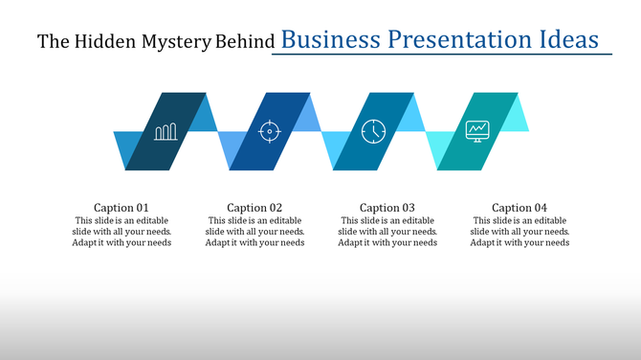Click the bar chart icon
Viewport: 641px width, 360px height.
[x=166, y=131]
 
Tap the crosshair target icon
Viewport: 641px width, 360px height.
[x=270, y=131]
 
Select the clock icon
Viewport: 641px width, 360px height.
[x=373, y=131]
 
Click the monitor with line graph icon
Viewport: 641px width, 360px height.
[x=477, y=130]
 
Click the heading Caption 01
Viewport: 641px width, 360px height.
[x=122, y=208]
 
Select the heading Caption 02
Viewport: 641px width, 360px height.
[x=254, y=208]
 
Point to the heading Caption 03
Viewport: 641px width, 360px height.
[x=387, y=208]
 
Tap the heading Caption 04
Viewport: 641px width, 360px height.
[x=519, y=208]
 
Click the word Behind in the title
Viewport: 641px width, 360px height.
[x=248, y=42]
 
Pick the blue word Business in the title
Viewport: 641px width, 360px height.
[x=329, y=40]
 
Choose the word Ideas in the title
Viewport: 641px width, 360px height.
[x=569, y=40]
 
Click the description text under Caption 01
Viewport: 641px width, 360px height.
[x=122, y=231]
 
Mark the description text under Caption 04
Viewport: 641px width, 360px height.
[x=519, y=231]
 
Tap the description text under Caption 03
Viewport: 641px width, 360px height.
[x=387, y=231]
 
